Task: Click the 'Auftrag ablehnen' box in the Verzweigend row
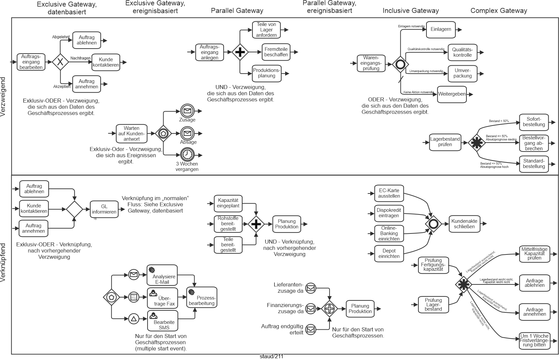coord(87,40)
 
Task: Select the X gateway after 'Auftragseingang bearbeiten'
coord(60,62)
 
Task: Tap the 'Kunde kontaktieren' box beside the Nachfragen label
coord(106,62)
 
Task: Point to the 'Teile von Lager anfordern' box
coord(266,30)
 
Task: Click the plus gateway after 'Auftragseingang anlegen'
coord(240,52)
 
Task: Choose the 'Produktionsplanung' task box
coord(267,73)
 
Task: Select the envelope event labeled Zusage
coord(187,111)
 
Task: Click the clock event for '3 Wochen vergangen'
coord(187,155)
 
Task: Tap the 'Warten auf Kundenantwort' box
coord(132,134)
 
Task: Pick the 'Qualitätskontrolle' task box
coord(462,52)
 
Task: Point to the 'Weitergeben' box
coord(452,94)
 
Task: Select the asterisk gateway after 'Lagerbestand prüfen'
coord(476,143)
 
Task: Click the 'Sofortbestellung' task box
coord(534,122)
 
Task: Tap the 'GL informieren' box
coord(104,209)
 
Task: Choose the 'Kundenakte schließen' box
coord(464,224)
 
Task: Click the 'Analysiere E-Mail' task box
coord(162,275)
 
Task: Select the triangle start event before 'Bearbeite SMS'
coord(134,319)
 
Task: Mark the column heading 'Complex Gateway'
coord(499,11)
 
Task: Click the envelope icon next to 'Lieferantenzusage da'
coord(310,288)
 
